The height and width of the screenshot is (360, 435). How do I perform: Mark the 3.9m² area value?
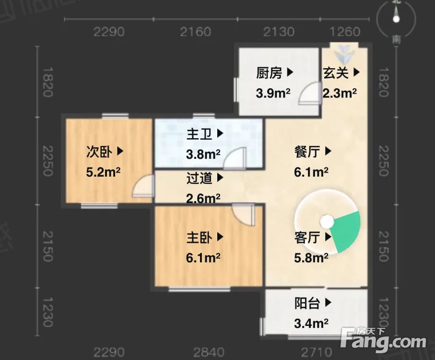click(273, 93)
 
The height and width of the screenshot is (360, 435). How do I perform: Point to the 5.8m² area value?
click(311, 258)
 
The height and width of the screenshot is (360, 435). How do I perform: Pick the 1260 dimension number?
click(345, 32)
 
